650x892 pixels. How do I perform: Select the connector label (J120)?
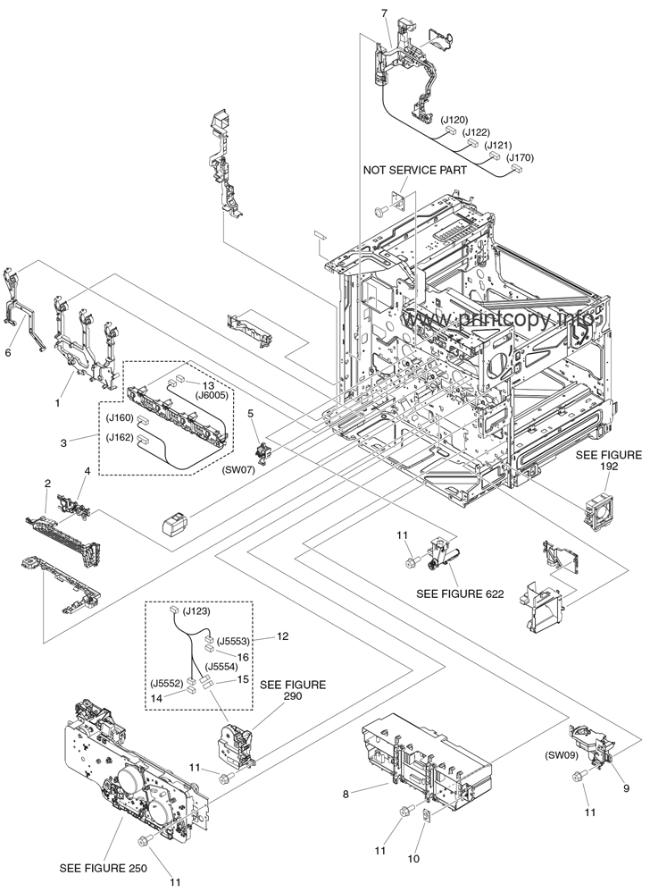point(454,119)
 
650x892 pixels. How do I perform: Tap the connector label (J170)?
point(521,157)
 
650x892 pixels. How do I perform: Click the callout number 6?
point(8,353)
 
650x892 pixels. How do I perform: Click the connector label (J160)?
point(119,418)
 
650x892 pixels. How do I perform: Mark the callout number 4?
point(87,470)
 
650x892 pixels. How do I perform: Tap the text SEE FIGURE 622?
point(459,593)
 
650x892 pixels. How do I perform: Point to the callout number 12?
point(283,636)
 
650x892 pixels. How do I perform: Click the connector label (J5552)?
point(168,684)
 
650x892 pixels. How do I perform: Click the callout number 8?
point(346,792)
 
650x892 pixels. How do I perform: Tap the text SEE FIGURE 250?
point(102,868)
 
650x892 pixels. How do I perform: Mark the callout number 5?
point(251,413)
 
